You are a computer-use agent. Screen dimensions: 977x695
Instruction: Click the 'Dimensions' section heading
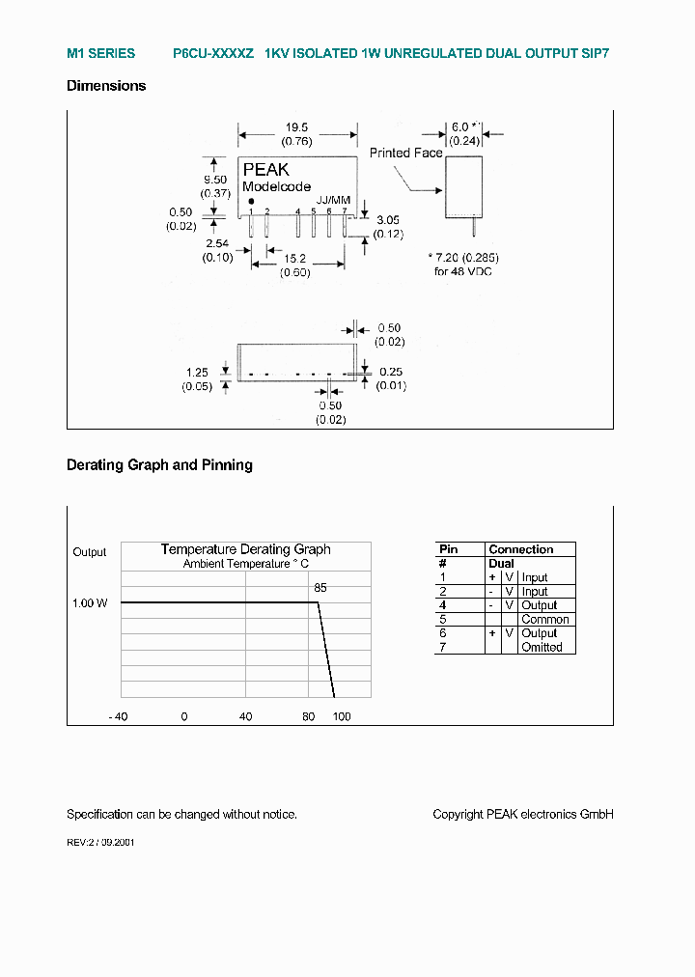click(x=106, y=86)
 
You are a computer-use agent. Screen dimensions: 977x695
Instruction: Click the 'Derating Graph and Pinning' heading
click(x=159, y=465)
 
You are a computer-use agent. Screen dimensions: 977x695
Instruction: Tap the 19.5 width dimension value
click(x=296, y=127)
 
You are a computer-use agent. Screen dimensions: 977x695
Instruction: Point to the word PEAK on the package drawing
click(x=265, y=170)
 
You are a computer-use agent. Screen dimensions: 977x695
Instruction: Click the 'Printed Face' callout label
click(x=405, y=153)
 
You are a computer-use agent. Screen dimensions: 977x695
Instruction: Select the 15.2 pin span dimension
click(x=295, y=259)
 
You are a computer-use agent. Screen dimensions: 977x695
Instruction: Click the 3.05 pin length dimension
click(x=389, y=220)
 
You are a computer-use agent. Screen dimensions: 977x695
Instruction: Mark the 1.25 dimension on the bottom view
click(x=197, y=372)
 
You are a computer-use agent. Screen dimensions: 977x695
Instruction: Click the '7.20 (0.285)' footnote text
click(x=462, y=259)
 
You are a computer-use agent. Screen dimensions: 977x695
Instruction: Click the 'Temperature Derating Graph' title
click(x=245, y=549)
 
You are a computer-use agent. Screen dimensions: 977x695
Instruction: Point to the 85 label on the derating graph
click(x=320, y=587)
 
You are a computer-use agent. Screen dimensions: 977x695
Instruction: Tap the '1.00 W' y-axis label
click(x=90, y=603)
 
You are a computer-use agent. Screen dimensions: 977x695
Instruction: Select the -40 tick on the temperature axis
click(x=117, y=716)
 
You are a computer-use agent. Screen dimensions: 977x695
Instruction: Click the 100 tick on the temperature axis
click(x=342, y=716)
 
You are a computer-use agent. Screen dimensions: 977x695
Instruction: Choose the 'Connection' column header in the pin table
click(x=521, y=549)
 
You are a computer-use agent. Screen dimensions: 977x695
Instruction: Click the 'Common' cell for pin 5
click(x=544, y=620)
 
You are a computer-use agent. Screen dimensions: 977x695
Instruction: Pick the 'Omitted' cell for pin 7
click(x=542, y=648)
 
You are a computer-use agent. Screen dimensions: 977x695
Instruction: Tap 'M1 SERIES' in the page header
click(x=100, y=54)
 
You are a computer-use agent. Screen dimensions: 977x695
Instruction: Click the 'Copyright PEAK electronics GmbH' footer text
click(x=523, y=815)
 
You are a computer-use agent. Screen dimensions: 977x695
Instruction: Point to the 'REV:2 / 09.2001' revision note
click(x=100, y=842)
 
